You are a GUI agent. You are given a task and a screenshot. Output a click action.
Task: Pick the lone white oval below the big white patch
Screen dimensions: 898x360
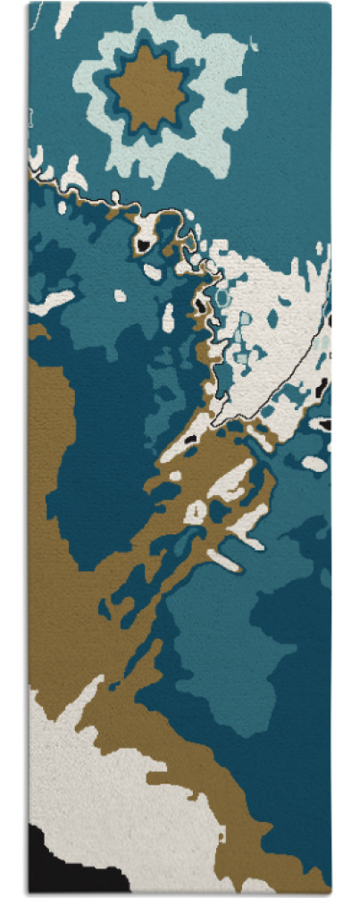[314, 464]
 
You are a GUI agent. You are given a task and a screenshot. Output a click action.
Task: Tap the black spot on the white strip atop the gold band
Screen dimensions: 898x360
[189, 440]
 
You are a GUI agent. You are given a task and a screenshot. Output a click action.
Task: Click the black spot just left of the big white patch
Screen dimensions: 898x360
[201, 306]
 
